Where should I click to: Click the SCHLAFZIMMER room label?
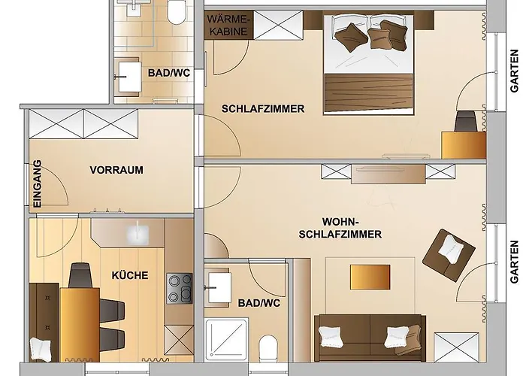coord(263,109)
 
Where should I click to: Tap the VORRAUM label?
coord(116,170)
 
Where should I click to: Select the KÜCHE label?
coord(130,275)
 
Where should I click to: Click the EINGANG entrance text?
coord(37,183)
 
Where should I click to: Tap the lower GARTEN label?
coord(514,261)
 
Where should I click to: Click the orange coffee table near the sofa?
coord(370,277)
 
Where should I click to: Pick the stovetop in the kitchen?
coord(179,289)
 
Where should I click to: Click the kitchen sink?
coord(138,234)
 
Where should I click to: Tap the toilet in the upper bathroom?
coord(177,11)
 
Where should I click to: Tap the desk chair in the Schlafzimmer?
coord(466,120)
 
